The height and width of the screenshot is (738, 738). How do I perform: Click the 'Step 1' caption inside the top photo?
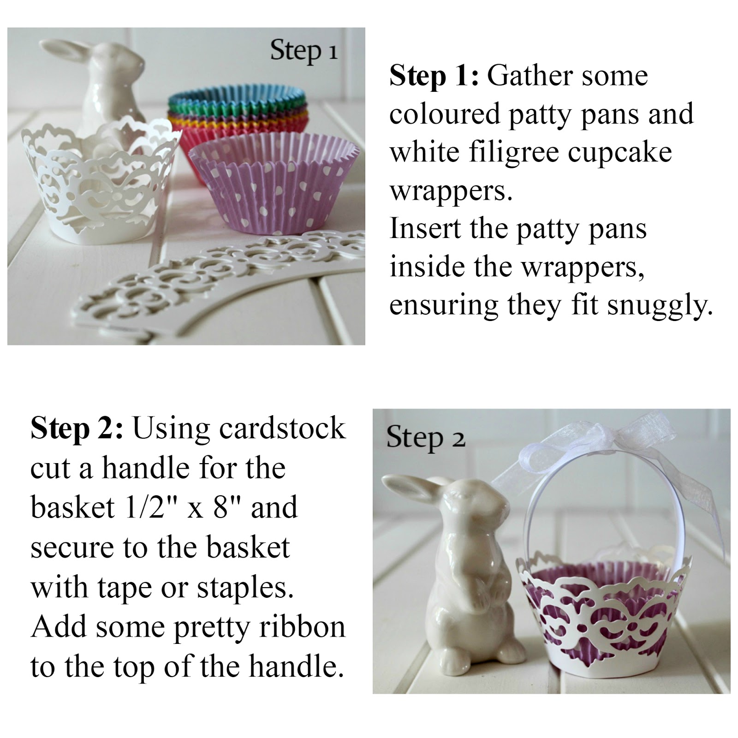pyautogui.click(x=304, y=51)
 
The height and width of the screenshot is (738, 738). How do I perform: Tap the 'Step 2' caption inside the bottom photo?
pyautogui.click(x=425, y=437)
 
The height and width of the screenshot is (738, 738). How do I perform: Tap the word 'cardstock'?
pyautogui.click(x=282, y=428)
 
